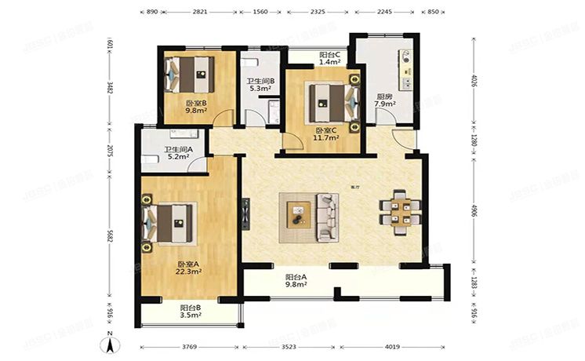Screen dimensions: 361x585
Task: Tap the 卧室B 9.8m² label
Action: coord(196,107)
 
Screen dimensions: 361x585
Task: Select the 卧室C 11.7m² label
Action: coord(327,134)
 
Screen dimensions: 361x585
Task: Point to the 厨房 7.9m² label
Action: coord(384,100)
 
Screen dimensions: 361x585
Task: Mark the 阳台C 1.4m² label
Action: coord(329,57)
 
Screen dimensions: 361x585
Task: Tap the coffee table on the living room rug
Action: coord(298,213)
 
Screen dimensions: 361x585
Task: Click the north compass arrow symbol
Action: coord(112,341)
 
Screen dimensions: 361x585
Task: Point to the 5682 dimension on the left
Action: coord(111,235)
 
